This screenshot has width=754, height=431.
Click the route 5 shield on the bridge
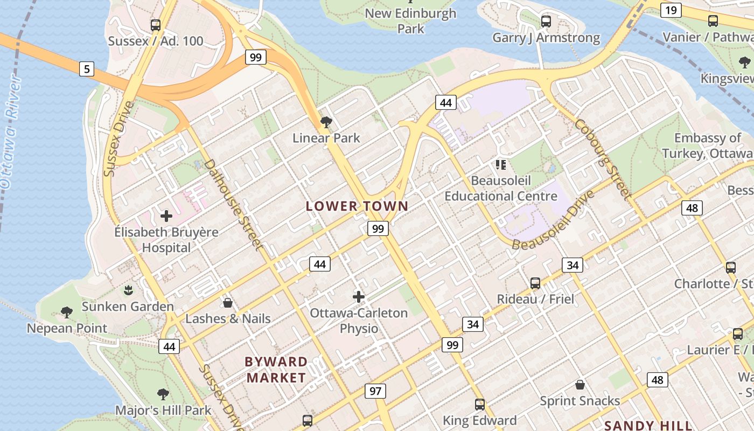86,68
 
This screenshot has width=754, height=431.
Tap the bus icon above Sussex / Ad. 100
156,25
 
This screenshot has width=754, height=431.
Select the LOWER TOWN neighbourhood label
357,206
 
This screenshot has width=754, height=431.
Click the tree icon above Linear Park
326,122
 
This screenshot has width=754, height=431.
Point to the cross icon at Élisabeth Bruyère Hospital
166,216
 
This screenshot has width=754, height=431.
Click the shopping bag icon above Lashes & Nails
228,303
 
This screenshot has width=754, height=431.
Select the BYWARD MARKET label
276,370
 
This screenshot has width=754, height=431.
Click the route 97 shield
375,391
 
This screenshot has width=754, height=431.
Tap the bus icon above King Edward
479,404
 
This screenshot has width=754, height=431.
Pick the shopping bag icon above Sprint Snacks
580,385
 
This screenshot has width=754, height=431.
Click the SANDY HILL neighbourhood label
648,425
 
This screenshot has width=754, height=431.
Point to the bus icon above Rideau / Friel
535,283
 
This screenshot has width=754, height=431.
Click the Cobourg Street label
602,159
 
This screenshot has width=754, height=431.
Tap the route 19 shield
671,10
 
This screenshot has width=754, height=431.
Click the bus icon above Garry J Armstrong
546,22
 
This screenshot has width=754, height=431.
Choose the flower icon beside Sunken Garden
128,291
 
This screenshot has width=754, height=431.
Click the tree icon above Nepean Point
67,312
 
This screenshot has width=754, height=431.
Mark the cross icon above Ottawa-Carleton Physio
359,296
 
